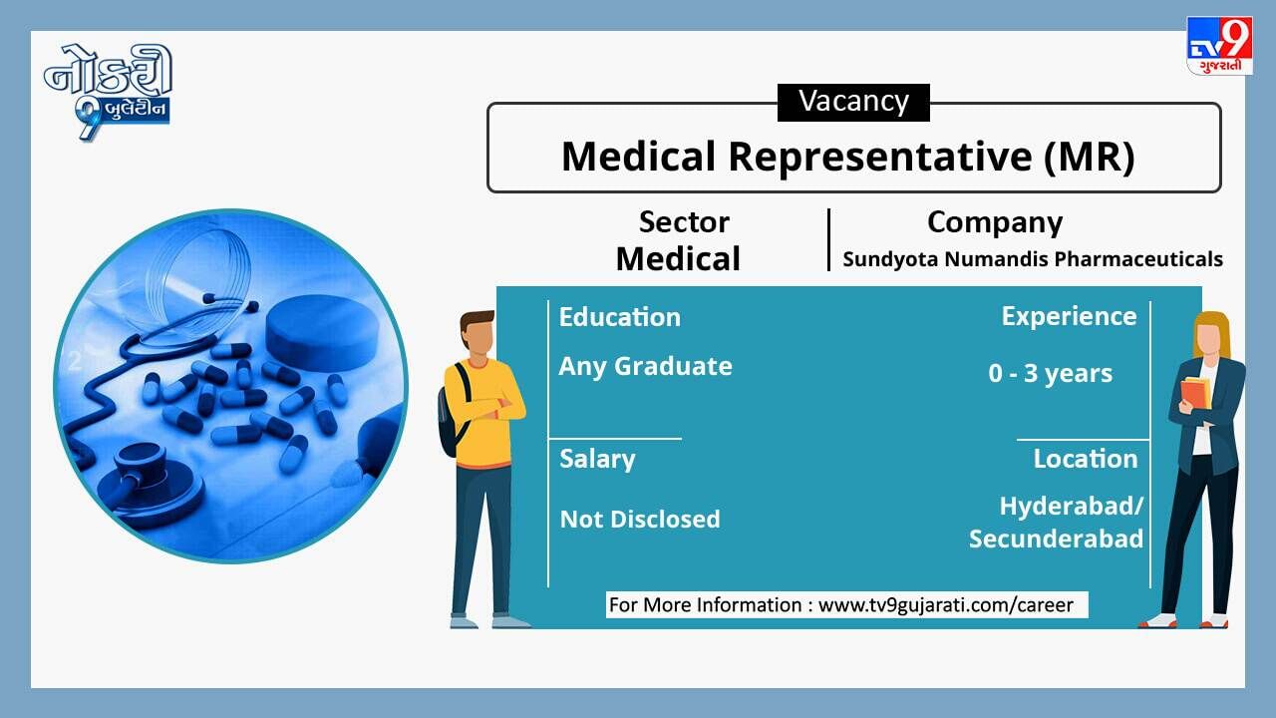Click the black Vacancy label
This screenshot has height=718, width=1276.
coord(853,103)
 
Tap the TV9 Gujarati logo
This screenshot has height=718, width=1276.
coord(1219,46)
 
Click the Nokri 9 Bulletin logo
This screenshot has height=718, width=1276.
coord(108,91)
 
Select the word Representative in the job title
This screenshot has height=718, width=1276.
coord(880,157)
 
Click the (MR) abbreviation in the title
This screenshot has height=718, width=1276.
coord(1090,157)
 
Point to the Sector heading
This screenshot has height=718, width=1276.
coord(684,221)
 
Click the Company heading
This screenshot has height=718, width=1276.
coord(995,222)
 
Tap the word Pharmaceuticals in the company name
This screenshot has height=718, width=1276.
coord(1138,258)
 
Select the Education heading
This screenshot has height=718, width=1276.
coord(620,317)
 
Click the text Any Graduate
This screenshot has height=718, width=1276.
coord(645,366)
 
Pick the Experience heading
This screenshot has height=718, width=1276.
coord(1069,317)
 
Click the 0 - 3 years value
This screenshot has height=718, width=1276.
coord(1051,373)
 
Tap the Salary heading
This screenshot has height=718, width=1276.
coord(597,460)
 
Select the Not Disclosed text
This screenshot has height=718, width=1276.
coord(640,520)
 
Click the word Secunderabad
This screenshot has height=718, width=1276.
coord(1056,538)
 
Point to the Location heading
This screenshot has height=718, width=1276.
coord(1086,459)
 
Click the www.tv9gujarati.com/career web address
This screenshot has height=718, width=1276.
coord(946,605)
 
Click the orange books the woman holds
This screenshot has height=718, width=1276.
coord(1196,394)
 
